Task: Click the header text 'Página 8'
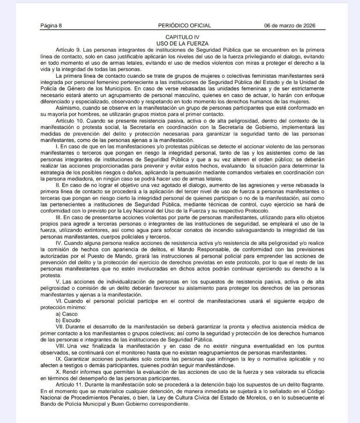pyautogui.click(x=51, y=26)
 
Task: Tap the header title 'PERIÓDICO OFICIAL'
pyautogui.click(x=184, y=26)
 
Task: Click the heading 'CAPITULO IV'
pyautogui.click(x=183, y=37)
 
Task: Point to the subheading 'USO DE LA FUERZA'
pyautogui.click(x=183, y=43)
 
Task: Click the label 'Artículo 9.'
pyautogui.click(x=69, y=49)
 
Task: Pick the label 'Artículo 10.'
pyautogui.click(x=70, y=121)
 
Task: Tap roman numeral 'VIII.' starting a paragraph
pyautogui.click(x=61, y=346)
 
